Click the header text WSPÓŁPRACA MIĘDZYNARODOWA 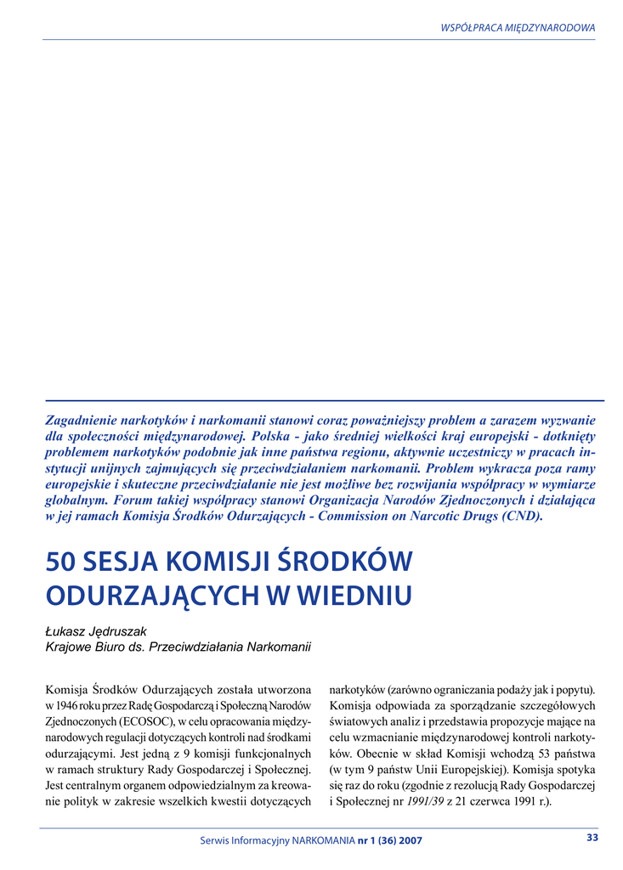pos(518,27)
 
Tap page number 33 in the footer pos(592,838)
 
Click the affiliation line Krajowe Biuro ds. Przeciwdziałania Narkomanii pos(178,647)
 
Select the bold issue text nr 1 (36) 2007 pos(390,840)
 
